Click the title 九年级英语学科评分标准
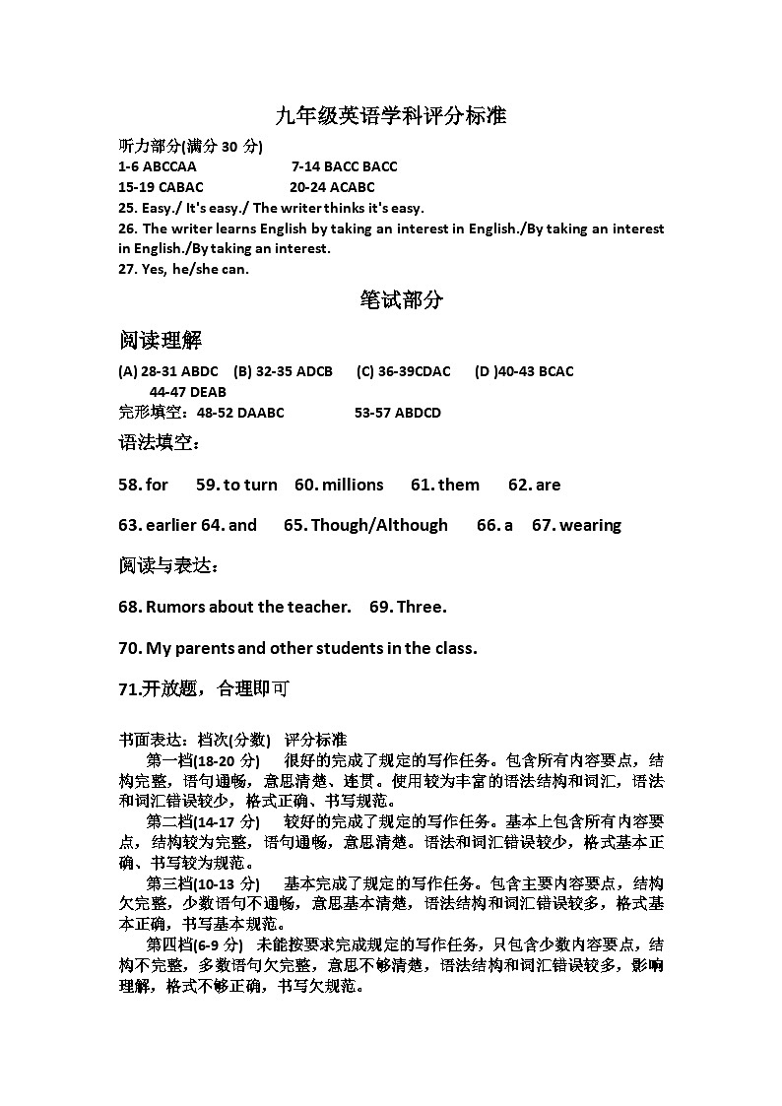[391, 116]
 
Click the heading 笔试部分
[402, 300]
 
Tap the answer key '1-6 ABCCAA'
[157, 166]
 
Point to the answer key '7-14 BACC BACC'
[344, 166]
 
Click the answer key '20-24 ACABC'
[332, 187]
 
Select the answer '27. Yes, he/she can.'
[183, 269]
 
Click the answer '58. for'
[143, 485]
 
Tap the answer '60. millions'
[339, 485]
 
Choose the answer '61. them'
[445, 485]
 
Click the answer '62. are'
[534, 485]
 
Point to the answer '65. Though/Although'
[365, 525]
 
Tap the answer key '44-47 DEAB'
[187, 392]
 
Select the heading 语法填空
[159, 444]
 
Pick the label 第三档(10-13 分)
[203, 882]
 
